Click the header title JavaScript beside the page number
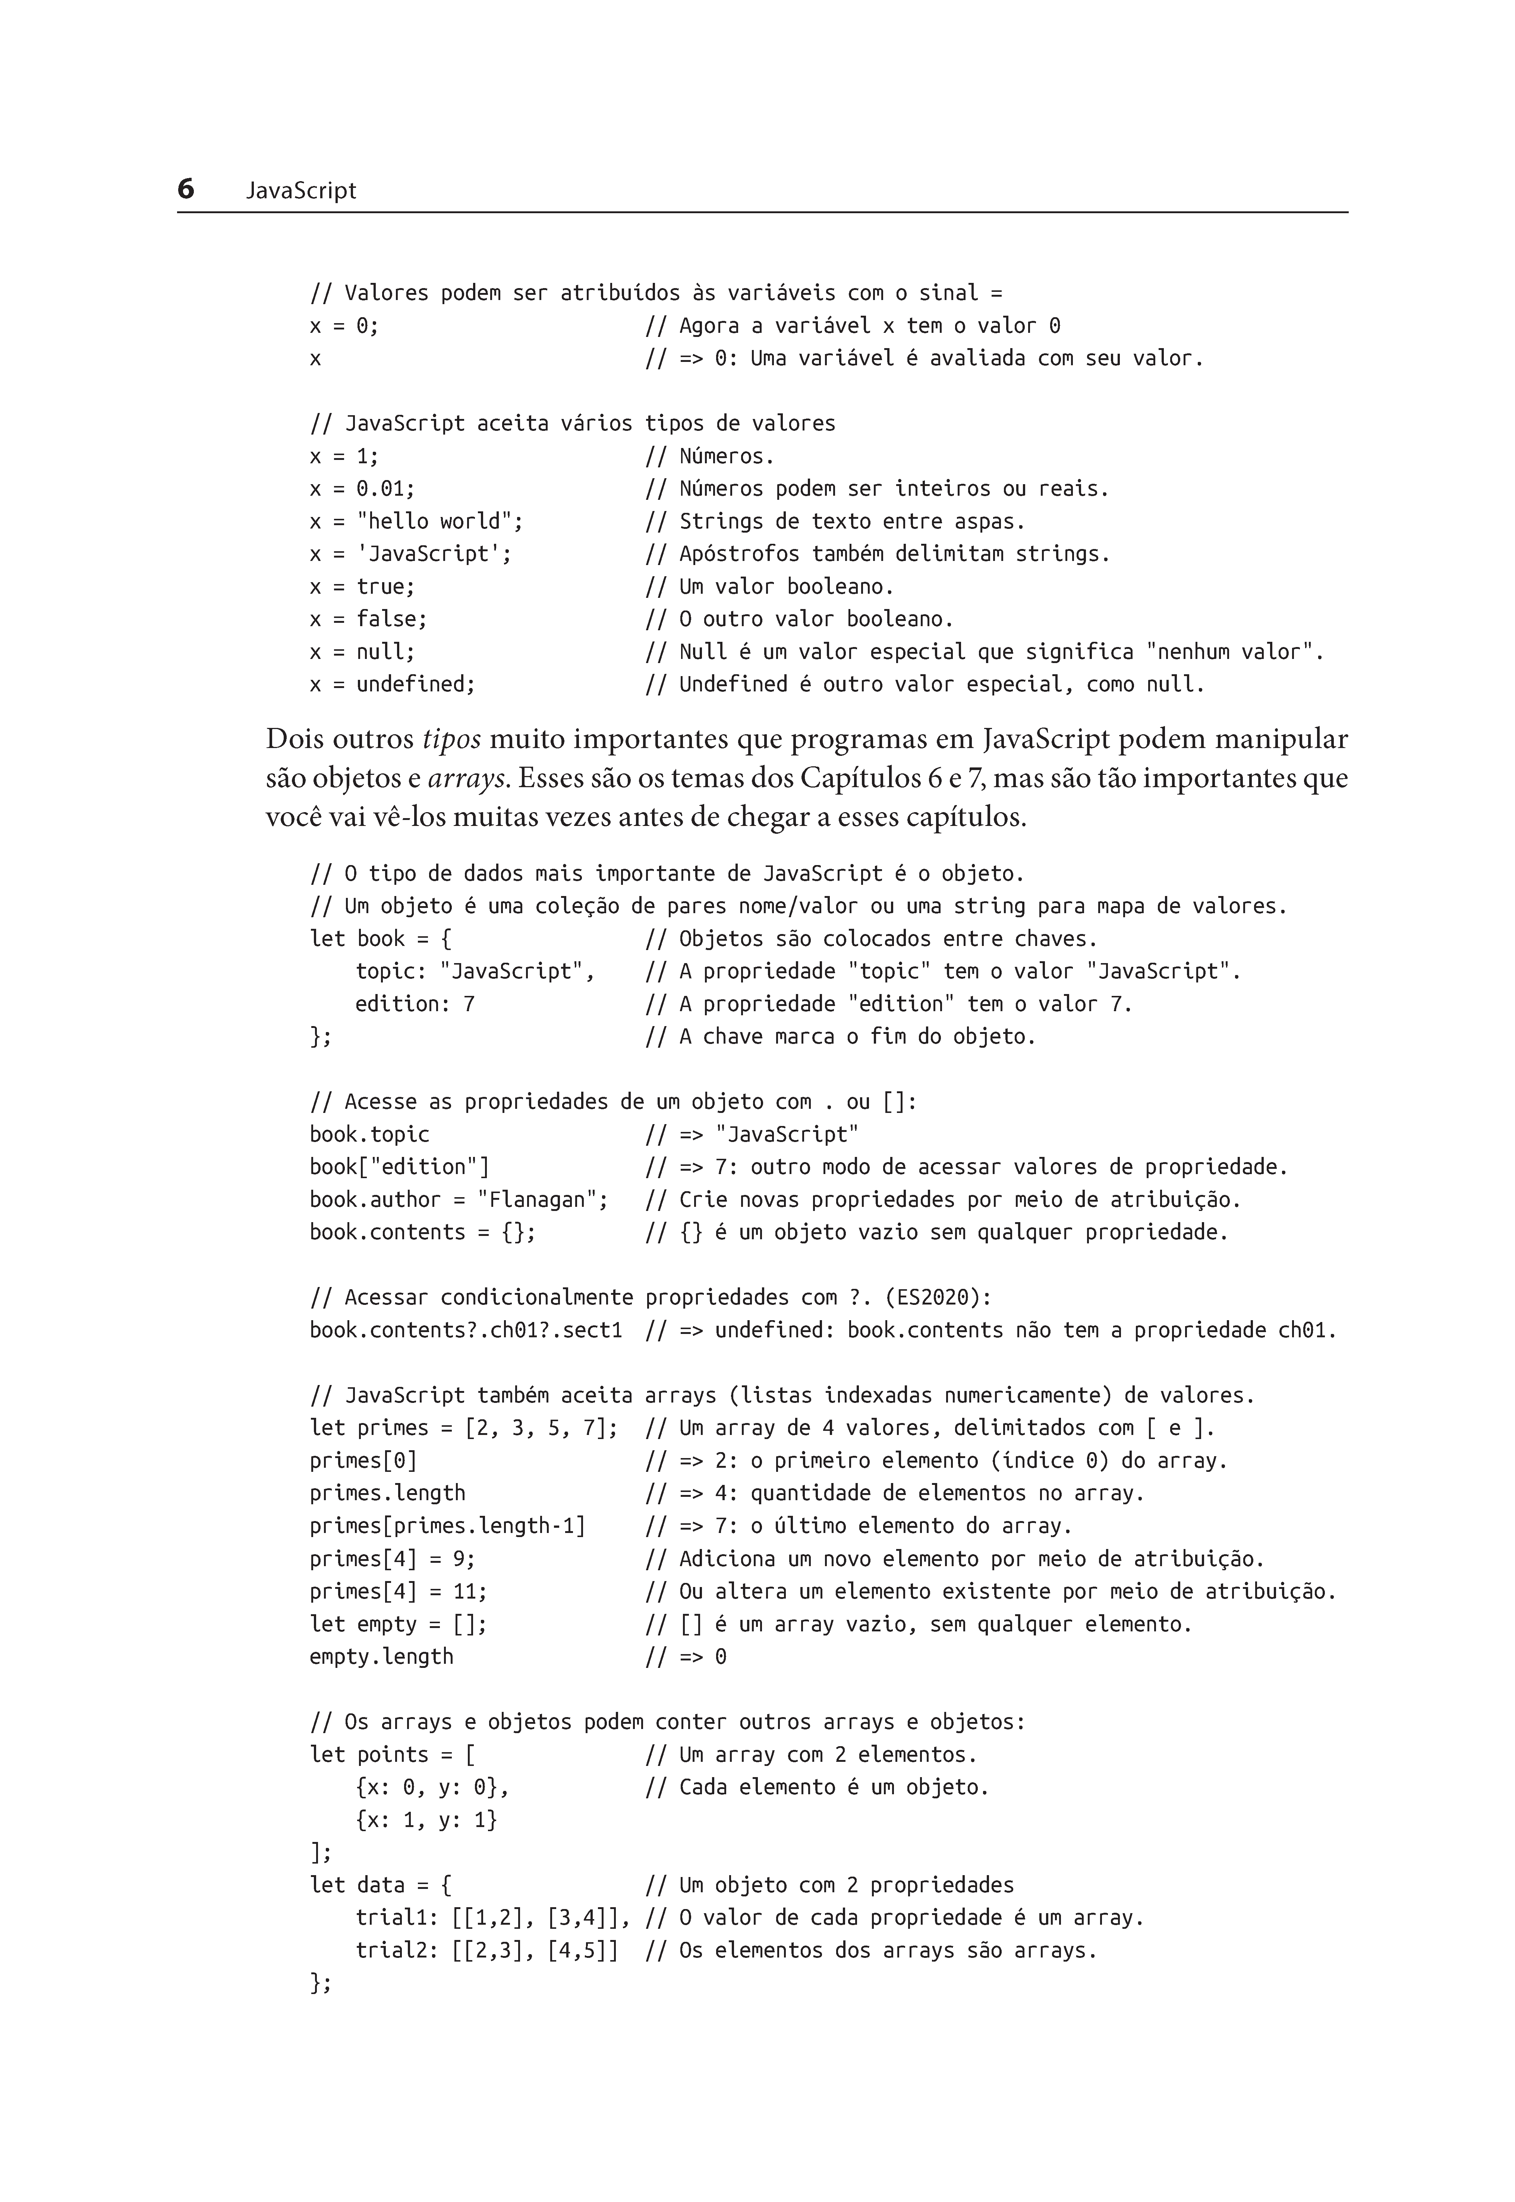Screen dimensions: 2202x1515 (301, 191)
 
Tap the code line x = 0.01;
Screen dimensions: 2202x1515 (363, 489)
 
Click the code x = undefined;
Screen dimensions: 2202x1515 (392, 684)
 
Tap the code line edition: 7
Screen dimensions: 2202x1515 (415, 1004)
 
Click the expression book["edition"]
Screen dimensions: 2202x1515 (400, 1167)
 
